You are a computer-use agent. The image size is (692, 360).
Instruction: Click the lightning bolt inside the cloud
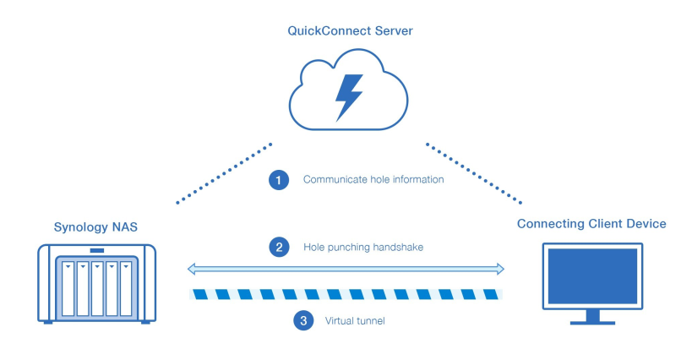point(349,97)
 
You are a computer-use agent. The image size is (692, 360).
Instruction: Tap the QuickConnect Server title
point(350,31)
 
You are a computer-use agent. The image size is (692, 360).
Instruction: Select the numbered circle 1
point(279,180)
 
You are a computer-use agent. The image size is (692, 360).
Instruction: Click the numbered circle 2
point(280,247)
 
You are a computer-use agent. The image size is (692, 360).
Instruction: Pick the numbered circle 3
point(303,321)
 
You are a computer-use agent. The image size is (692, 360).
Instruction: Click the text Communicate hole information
point(373,179)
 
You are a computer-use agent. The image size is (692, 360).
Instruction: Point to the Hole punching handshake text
point(363,247)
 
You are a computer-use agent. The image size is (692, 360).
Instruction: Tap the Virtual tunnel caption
point(355,321)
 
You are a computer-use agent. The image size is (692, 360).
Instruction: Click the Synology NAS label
point(95,227)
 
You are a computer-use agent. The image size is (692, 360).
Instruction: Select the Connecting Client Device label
point(591,224)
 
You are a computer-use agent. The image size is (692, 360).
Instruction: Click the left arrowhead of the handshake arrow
point(191,269)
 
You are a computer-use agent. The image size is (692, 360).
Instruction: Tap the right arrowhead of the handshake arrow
point(500,269)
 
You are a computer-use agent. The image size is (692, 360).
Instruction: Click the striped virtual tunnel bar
point(346,294)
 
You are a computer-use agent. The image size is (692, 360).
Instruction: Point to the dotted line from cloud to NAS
point(224,173)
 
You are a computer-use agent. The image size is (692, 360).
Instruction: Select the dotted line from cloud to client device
point(474,173)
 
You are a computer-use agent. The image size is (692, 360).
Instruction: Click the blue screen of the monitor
point(592,276)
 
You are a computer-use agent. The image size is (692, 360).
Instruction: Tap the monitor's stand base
point(592,323)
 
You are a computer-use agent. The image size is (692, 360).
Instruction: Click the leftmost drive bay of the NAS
point(68,289)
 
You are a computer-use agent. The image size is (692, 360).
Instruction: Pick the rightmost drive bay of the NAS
point(126,289)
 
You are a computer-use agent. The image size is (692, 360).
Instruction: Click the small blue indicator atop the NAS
point(97,251)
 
